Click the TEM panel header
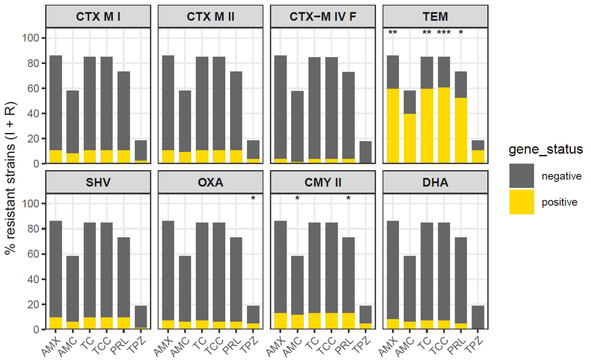point(435,17)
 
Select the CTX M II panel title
point(211,17)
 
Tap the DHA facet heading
point(435,182)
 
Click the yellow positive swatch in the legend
point(521,202)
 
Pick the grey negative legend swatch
point(521,176)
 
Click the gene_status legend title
point(545,149)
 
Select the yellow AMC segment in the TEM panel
point(410,138)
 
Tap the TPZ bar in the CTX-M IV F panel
point(365,152)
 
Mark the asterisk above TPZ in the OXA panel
point(253,198)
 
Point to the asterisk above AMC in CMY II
point(297,198)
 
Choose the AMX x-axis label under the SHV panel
point(51,346)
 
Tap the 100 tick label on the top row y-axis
point(30,38)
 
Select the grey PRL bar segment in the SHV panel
point(124,277)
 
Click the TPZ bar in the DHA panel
point(478,317)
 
